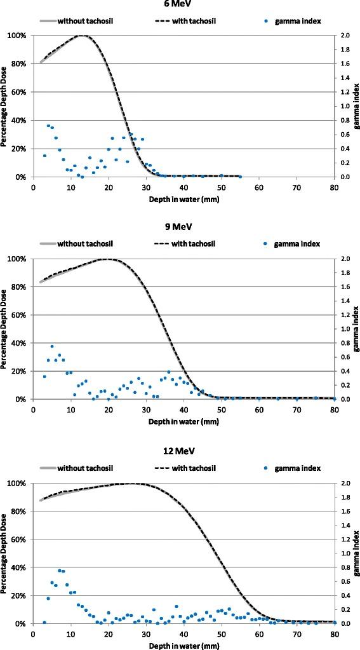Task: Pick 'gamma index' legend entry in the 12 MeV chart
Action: [x=298, y=467]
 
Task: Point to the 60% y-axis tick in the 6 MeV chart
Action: [x=22, y=92]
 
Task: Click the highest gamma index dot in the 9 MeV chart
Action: [x=52, y=346]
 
